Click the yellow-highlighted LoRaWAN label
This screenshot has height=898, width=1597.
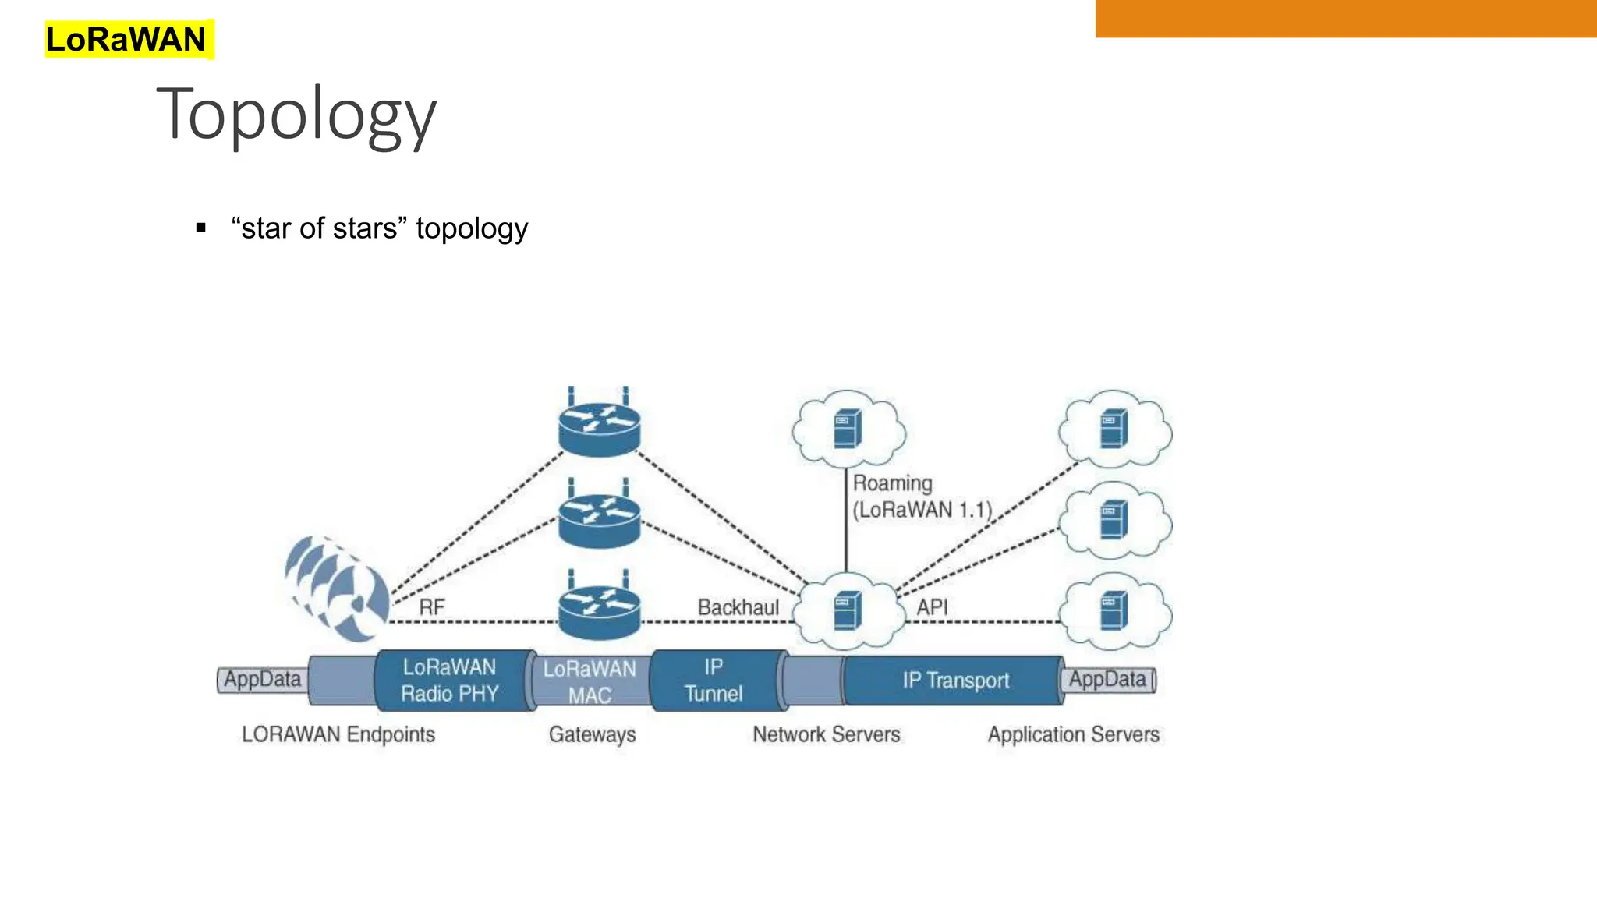pos(126,40)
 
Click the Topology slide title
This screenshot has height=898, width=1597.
pos(296,115)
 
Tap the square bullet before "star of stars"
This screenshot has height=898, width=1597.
pos(201,228)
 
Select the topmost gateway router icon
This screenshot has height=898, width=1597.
pos(599,426)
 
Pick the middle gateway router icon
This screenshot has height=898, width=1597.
pos(599,518)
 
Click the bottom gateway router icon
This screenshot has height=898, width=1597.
pos(599,609)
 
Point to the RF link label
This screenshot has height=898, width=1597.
pos(432,607)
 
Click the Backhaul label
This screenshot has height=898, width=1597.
pos(738,607)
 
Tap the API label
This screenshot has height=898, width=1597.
pos(932,607)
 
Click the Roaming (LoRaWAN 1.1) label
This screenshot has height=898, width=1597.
pos(922,497)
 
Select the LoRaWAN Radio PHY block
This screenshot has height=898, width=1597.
pos(450,681)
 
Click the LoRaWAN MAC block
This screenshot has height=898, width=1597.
pos(590,682)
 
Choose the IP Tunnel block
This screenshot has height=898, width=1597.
pos(714,681)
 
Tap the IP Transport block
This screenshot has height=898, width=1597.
pos(956,681)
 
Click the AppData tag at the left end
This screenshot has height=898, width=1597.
pos(262,680)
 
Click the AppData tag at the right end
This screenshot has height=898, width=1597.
pos(1108,680)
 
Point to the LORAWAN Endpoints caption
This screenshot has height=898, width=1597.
pos(338,734)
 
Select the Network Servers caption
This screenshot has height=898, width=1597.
pos(827,734)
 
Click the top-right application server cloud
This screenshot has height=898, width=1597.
pos(1114,430)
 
